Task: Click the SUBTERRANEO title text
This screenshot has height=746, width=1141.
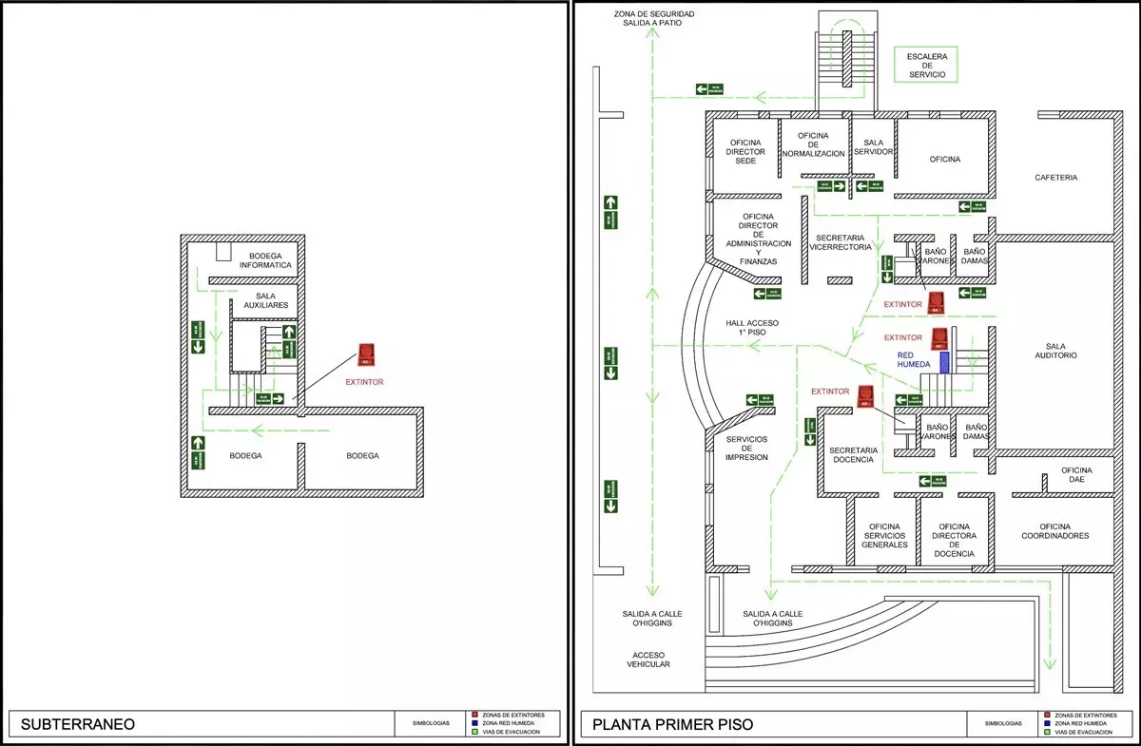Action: tap(77, 724)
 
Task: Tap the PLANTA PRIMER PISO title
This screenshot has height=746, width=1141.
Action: tap(672, 724)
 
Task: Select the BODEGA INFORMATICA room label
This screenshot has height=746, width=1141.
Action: tap(271, 260)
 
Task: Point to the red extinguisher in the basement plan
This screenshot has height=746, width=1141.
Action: tap(366, 355)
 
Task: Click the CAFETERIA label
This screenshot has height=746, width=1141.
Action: tap(1055, 178)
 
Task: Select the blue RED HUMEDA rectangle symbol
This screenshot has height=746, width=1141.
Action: tap(944, 362)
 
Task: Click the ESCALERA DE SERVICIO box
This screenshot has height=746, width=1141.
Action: tap(927, 66)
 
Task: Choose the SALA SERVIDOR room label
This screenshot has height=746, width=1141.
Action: tap(873, 146)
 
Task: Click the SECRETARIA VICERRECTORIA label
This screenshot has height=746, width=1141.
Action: tap(840, 241)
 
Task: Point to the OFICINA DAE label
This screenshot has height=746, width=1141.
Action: tap(1076, 474)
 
